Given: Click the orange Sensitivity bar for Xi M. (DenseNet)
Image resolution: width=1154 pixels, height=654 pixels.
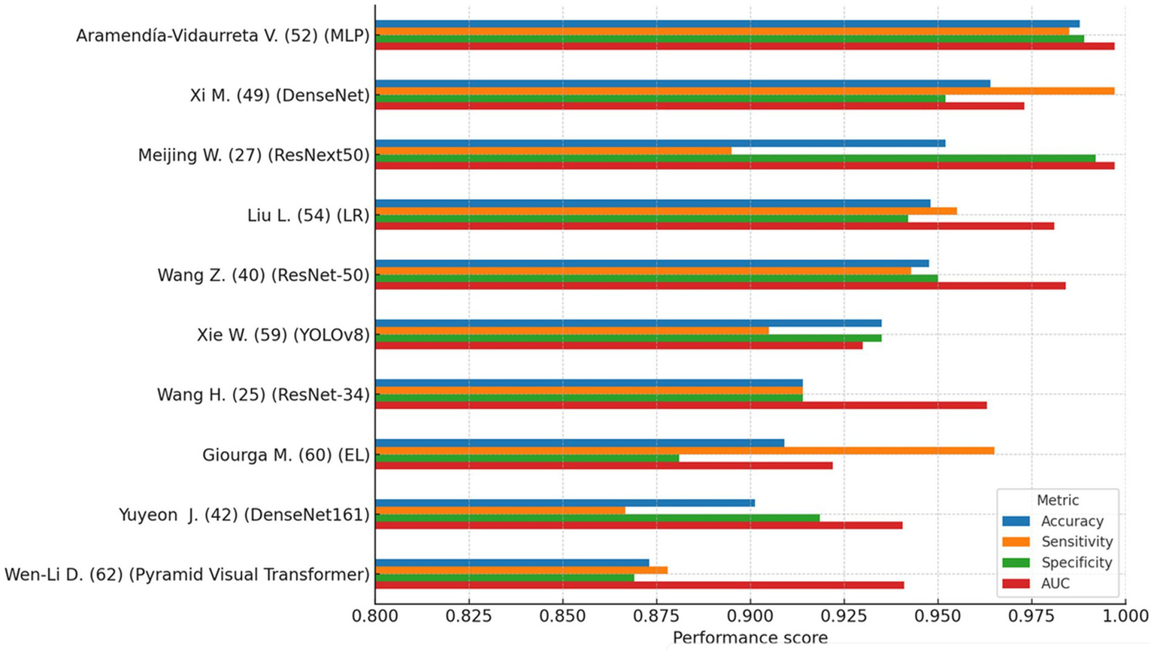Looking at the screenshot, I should tap(744, 91).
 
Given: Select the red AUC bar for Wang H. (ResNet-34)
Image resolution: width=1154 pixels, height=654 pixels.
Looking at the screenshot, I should tap(680, 405).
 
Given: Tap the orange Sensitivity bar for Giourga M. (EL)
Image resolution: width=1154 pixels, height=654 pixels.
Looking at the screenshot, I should tap(684, 450).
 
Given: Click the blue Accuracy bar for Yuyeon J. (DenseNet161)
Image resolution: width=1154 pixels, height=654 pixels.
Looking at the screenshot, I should tap(565, 503).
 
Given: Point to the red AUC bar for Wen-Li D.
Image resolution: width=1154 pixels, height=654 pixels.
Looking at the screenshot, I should tap(639, 585).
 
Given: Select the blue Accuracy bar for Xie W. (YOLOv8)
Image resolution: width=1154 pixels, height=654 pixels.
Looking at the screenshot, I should tap(628, 323).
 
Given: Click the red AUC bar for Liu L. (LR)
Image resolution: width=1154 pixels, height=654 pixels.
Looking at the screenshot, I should tap(714, 226).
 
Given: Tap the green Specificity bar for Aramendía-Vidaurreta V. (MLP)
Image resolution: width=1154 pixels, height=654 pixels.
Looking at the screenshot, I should tap(729, 38).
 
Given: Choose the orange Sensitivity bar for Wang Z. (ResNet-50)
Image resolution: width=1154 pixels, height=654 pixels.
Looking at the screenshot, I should tap(643, 271).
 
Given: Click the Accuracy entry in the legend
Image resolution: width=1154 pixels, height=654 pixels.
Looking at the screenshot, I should tap(1071, 521).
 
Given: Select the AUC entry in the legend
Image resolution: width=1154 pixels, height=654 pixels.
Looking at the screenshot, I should tap(1055, 583).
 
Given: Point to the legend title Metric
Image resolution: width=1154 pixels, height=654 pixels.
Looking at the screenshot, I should tap(1057, 500).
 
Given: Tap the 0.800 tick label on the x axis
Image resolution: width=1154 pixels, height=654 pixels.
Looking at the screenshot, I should tap(375, 616).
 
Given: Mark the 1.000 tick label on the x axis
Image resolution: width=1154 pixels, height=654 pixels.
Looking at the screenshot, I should tap(1125, 616).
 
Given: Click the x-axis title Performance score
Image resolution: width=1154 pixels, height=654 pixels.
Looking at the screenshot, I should tap(750, 638).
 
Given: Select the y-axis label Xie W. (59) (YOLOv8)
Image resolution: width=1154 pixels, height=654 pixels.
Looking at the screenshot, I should tap(283, 335).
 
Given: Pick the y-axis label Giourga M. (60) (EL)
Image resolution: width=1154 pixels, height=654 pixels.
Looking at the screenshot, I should tap(286, 455).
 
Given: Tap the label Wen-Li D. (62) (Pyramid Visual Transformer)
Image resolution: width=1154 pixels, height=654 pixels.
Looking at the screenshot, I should tap(187, 574).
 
